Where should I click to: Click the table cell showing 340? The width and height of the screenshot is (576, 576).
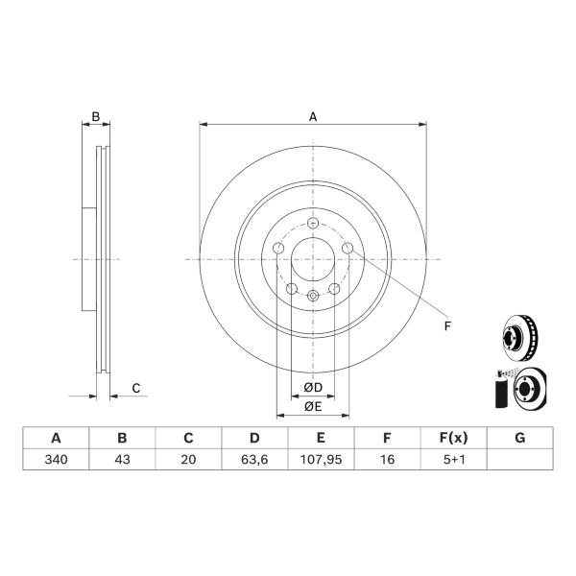click(x=56, y=460)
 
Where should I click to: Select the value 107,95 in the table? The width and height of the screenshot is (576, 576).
click(x=321, y=460)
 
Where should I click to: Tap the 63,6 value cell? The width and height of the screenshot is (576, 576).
click(x=254, y=460)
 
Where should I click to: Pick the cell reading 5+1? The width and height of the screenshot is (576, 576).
click(x=454, y=460)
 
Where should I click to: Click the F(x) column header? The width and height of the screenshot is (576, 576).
click(x=454, y=438)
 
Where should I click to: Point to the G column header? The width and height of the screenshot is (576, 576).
click(x=520, y=438)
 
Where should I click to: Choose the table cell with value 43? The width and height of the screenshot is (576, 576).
click(x=122, y=460)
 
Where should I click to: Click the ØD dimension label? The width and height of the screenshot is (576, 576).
click(x=313, y=387)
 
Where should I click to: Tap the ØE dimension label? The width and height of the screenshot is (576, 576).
click(x=313, y=406)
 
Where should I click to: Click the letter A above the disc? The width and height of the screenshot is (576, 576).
click(x=313, y=117)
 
